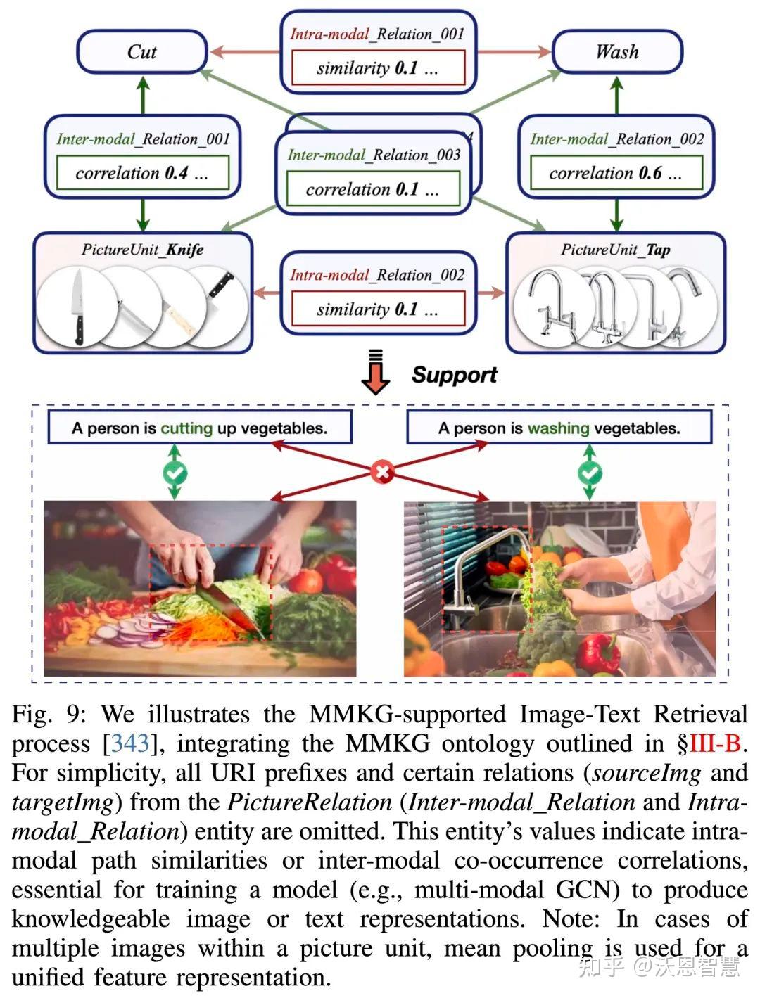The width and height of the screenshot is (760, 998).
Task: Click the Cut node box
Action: coord(141,52)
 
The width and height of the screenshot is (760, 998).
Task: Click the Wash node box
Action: coord(617,52)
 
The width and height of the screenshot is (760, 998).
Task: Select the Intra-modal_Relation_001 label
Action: coord(377,34)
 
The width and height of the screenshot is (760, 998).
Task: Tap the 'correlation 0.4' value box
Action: coord(142,173)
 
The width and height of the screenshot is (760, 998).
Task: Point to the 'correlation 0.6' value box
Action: coord(616,173)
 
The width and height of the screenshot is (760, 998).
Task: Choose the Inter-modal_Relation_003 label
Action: coord(374,155)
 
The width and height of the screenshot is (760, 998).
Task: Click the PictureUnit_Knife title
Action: coord(142,250)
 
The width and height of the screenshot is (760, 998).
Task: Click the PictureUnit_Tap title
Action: coord(615,250)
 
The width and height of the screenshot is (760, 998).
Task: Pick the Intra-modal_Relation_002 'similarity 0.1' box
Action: coord(377,309)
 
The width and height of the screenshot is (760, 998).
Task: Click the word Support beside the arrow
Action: coord(454,375)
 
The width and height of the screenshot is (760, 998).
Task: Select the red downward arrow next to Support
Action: coord(376,373)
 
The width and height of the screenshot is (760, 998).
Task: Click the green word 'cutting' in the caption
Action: coord(186,428)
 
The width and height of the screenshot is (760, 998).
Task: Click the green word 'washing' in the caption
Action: coord(559,428)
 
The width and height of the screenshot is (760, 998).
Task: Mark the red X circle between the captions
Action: coord(382,472)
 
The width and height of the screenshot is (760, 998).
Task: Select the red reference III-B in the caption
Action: coord(715,744)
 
